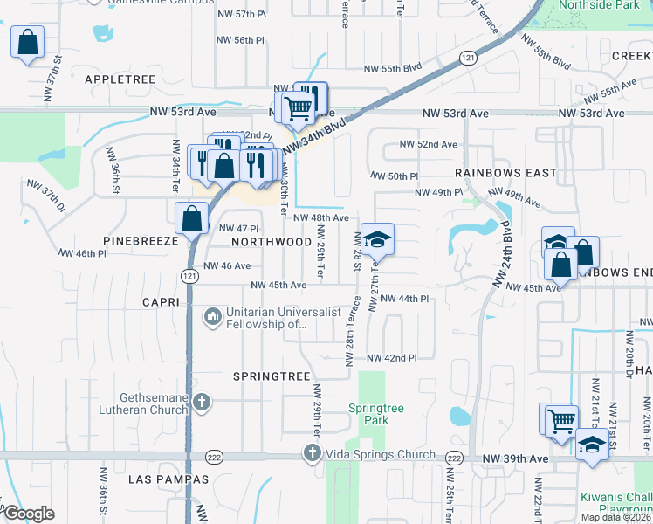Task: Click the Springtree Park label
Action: coord(368,414)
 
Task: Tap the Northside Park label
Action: coord(601,5)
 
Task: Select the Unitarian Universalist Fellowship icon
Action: coord(212,316)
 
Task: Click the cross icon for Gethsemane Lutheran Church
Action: coord(202,403)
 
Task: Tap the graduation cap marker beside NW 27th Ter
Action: coord(377,238)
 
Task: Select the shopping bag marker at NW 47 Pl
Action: coord(191,218)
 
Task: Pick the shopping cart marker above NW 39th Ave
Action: coord(560,420)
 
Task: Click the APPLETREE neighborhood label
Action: coord(120,79)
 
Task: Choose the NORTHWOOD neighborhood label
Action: coord(272,241)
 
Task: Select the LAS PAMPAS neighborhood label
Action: coord(168,479)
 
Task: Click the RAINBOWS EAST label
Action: coord(505,173)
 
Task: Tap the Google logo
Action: coord(29,514)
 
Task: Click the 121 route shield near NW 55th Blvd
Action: coord(469,57)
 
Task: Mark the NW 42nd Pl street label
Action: coord(392,358)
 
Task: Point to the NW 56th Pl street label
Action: coord(242,41)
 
